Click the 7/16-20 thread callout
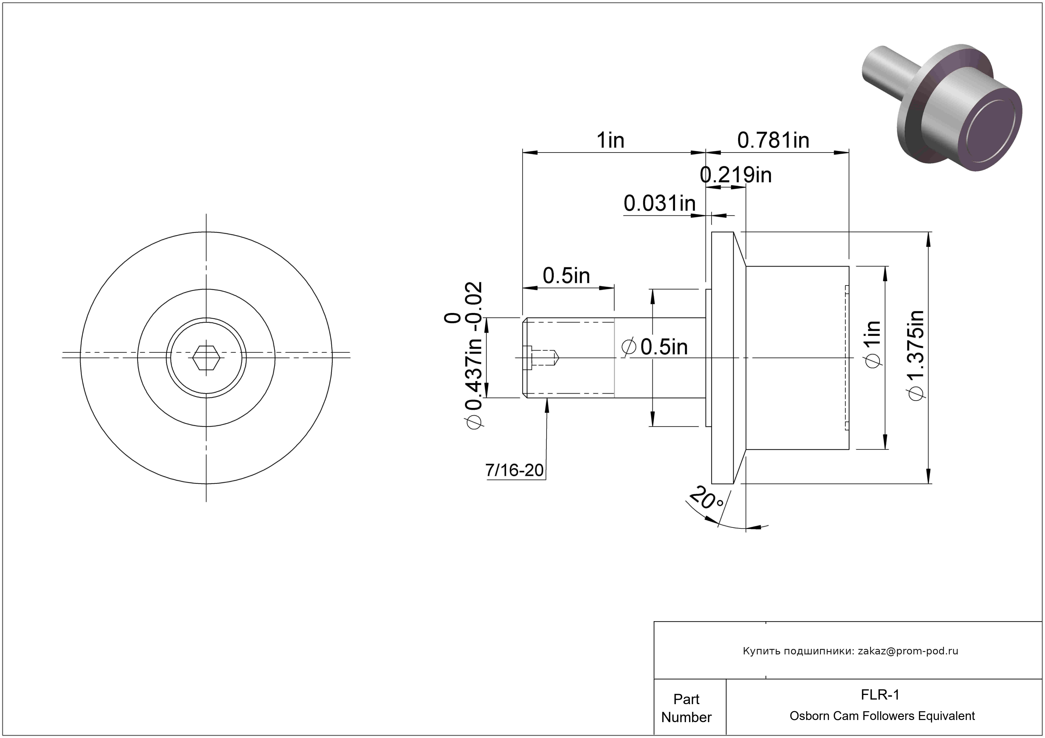coord(514,470)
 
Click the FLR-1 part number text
coord(880,695)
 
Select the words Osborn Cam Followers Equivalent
coord(882,716)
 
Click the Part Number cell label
coord(686,708)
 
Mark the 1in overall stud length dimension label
coord(610,141)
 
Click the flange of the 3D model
coord(915,118)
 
